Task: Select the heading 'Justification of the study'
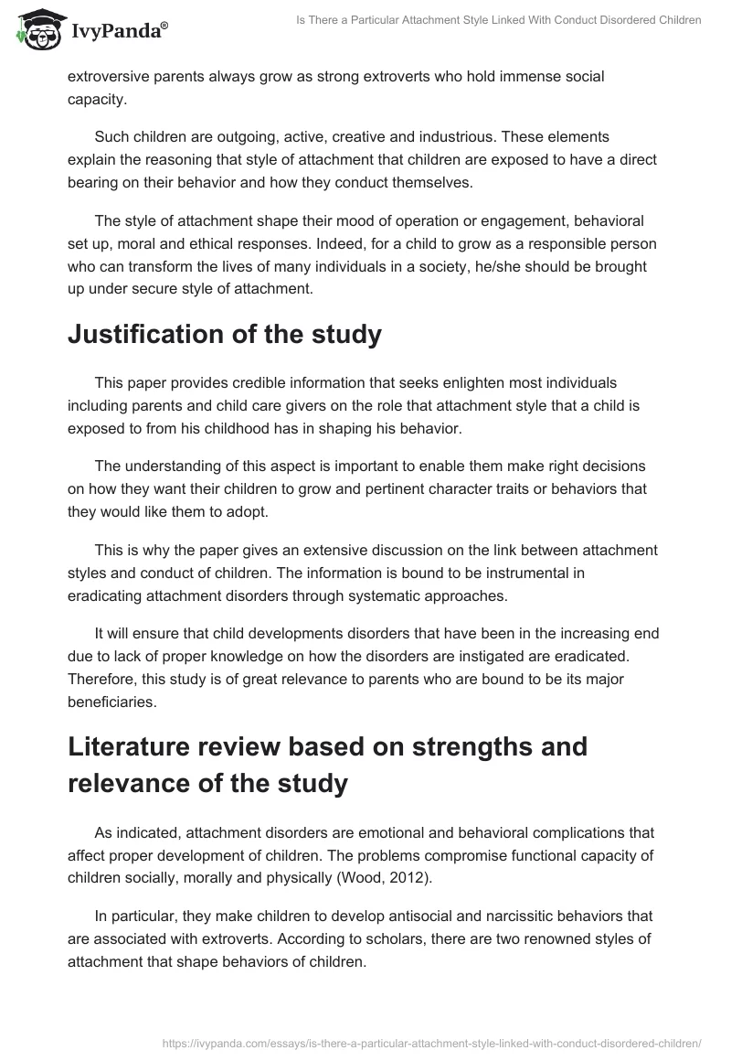point(224,334)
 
